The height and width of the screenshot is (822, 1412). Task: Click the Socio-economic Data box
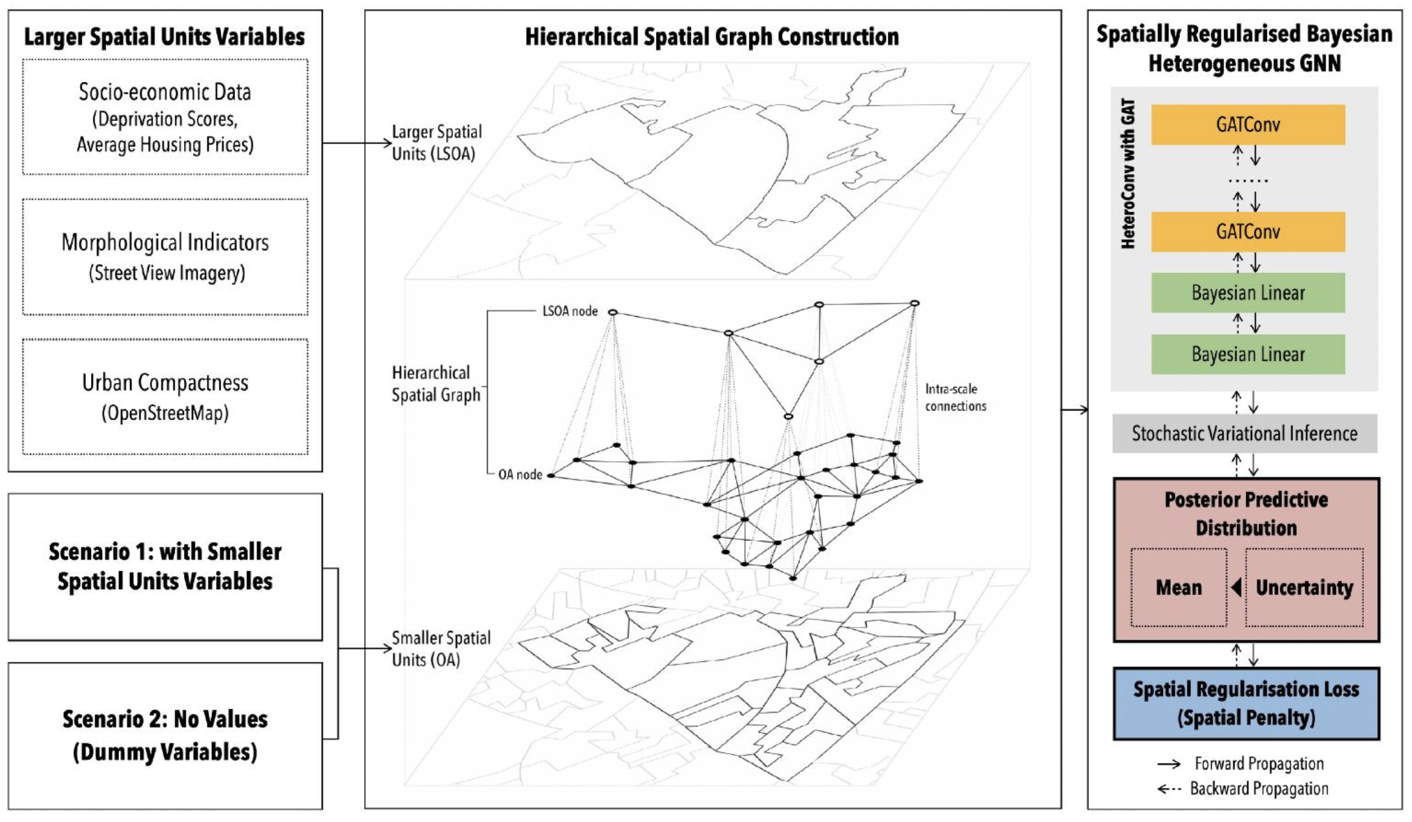(165, 117)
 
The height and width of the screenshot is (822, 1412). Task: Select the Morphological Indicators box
(165, 257)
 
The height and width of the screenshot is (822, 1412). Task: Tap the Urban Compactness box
(165, 397)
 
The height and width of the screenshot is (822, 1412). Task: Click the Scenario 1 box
(165, 566)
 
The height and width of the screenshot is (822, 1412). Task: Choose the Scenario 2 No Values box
(165, 736)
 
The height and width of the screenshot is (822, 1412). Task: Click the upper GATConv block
(1248, 125)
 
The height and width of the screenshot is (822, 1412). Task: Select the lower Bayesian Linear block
(1248, 354)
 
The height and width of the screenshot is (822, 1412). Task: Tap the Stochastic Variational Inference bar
(1244, 434)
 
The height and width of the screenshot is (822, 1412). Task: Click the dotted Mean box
(1179, 588)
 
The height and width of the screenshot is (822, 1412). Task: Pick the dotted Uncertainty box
(1304, 588)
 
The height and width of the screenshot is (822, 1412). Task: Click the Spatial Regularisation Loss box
(1246, 704)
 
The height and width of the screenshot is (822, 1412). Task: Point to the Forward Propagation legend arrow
(1169, 764)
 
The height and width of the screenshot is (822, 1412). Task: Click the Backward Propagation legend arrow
(1169, 789)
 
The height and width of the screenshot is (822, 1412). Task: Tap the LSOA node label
(570, 312)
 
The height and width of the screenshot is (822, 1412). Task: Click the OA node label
(520, 475)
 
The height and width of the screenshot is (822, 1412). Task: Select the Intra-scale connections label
(956, 397)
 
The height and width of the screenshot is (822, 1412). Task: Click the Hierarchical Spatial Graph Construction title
(712, 37)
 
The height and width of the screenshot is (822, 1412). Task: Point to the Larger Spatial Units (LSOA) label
(436, 142)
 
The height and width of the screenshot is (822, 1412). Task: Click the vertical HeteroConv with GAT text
(1129, 174)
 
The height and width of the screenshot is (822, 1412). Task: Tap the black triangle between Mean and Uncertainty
(1236, 587)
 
